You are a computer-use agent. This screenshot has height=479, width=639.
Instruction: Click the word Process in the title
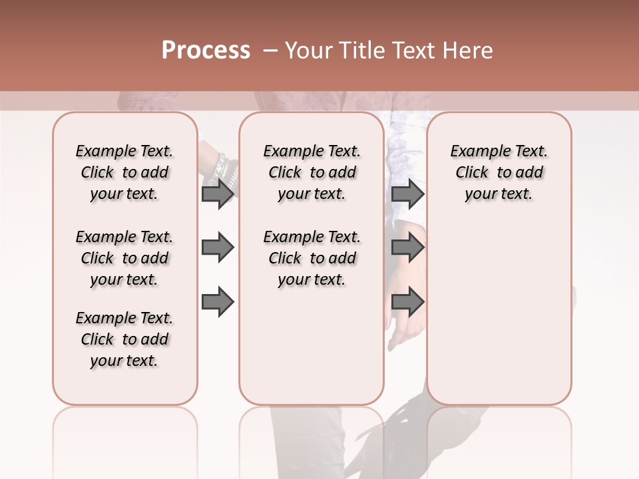coord(206,51)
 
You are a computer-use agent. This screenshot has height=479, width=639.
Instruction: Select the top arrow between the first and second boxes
coord(218,194)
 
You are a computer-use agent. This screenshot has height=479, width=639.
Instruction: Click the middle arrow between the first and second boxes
coord(218,248)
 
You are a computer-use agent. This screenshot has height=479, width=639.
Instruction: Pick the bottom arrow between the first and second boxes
coord(218,302)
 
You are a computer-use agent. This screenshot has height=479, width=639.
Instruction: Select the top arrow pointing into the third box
coord(407,194)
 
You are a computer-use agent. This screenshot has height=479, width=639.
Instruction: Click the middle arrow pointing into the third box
coord(407,248)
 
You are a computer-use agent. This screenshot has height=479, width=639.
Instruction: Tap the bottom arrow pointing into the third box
coord(407,302)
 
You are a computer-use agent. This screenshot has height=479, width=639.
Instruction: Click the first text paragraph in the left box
coord(124,172)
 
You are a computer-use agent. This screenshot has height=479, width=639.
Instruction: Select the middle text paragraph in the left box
coord(124,258)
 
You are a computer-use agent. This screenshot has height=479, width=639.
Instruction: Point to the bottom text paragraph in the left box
coord(124,339)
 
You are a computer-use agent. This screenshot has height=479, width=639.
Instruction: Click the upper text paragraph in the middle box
coord(312,172)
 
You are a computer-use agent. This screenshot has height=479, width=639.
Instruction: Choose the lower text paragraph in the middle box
coord(312,258)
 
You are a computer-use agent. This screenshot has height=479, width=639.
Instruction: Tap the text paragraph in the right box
coord(499,172)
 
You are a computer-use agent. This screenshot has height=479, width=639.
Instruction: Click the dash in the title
coord(270,51)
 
